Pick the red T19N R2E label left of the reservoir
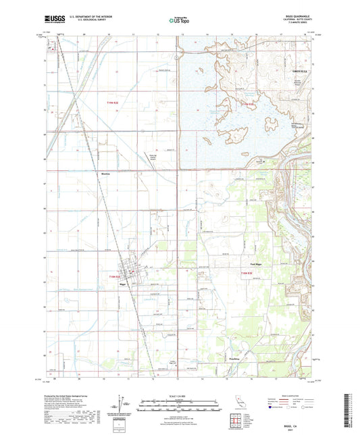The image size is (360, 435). click(x=116, y=103)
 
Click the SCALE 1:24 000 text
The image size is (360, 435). click(x=179, y=396)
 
